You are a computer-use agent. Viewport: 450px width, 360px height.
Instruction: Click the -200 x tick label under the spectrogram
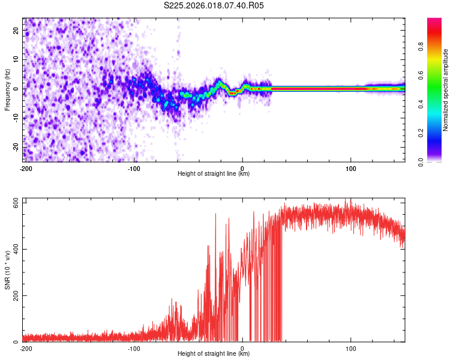point(26,169)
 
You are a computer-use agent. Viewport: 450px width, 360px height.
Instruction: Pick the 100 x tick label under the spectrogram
point(351,169)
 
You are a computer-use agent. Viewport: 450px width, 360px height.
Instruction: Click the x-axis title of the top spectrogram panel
point(214,174)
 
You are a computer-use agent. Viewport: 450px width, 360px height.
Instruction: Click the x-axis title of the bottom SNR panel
point(214,354)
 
